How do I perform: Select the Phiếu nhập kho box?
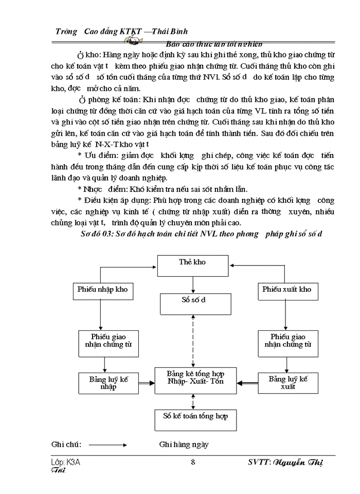(102, 289)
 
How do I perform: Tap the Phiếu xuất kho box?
(286, 289)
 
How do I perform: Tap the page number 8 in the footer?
(193, 462)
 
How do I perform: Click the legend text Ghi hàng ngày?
(184, 444)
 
